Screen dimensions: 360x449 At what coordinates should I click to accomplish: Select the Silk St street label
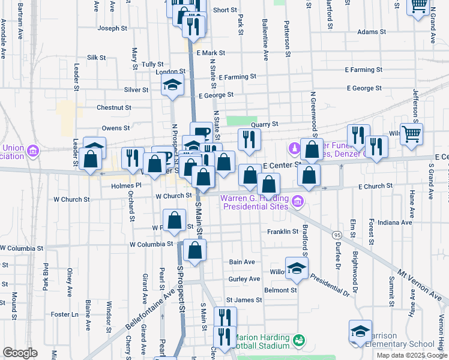pos(96,58)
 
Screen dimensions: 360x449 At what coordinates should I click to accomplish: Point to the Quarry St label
pos(265,124)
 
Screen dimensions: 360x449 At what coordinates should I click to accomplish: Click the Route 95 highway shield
pos(337,235)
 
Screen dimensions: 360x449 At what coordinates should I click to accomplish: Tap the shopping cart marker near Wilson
pos(411,134)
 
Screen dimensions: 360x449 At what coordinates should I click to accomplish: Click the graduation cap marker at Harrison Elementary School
pos(360,332)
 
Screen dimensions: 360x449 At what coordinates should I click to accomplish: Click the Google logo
pos(19,352)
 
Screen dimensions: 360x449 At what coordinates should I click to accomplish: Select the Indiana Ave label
pos(394,222)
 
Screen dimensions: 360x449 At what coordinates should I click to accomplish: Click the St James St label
pos(244,299)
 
